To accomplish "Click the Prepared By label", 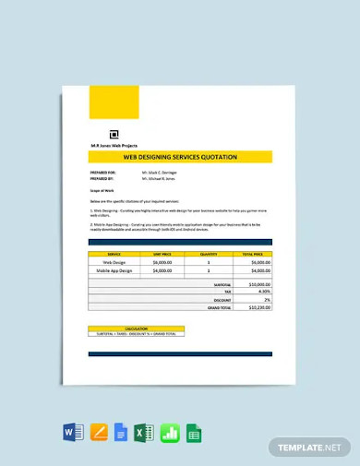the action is click(x=102, y=179).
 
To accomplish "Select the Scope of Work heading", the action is click(x=102, y=190).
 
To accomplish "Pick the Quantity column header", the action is click(x=208, y=253).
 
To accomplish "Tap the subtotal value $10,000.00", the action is click(x=258, y=285).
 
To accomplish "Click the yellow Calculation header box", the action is click(x=135, y=328).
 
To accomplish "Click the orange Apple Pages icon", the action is click(x=99, y=432).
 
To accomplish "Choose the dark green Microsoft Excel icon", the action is click(x=144, y=432).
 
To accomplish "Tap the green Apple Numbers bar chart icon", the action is click(x=169, y=432).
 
